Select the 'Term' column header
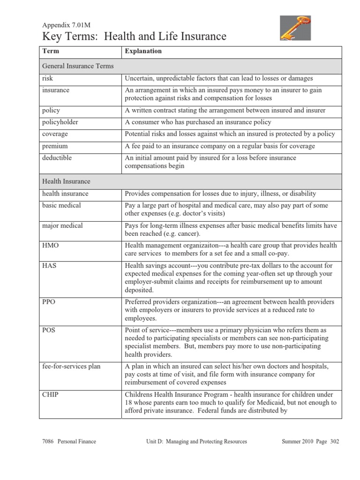click(x=50, y=51)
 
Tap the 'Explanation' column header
click(x=143, y=51)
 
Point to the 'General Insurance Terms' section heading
click(x=78, y=66)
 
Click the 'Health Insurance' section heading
click(x=66, y=181)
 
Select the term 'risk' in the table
click(x=47, y=78)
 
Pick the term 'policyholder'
click(x=60, y=122)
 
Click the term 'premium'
click(x=55, y=146)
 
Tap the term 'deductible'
click(x=57, y=158)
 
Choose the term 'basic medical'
click(x=61, y=205)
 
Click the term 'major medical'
click(x=62, y=225)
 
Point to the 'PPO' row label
click(x=49, y=302)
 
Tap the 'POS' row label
click(x=49, y=330)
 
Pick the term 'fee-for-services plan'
click(x=69, y=366)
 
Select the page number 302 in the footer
click(x=333, y=442)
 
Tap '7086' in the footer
click(x=49, y=442)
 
